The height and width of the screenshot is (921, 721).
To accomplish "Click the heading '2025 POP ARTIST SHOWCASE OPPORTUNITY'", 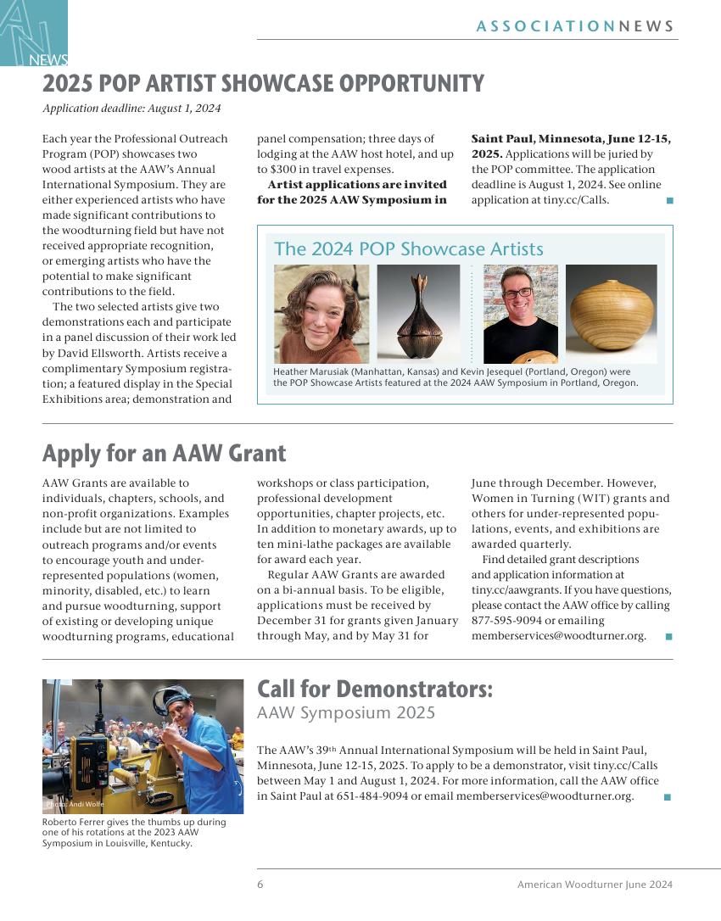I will coord(263,84).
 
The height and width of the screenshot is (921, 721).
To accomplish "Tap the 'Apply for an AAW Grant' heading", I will coord(164,453).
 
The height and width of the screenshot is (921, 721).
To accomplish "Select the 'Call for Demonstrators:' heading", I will coord(374,688).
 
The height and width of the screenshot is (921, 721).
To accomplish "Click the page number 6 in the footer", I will coord(260,885).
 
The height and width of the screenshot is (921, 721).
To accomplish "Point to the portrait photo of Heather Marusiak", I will coord(321,314).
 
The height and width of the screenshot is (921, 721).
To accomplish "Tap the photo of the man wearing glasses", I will coord(520,314).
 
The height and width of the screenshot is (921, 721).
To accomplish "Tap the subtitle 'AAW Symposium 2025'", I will coord(346,713).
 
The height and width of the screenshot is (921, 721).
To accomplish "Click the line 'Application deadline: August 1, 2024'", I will coord(131,108).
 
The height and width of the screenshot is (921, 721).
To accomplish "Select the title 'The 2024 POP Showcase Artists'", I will coord(408,249).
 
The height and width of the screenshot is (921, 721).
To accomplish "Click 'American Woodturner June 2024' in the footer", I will coord(595,885).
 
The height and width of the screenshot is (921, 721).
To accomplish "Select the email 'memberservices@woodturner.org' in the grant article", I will coord(558,636).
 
